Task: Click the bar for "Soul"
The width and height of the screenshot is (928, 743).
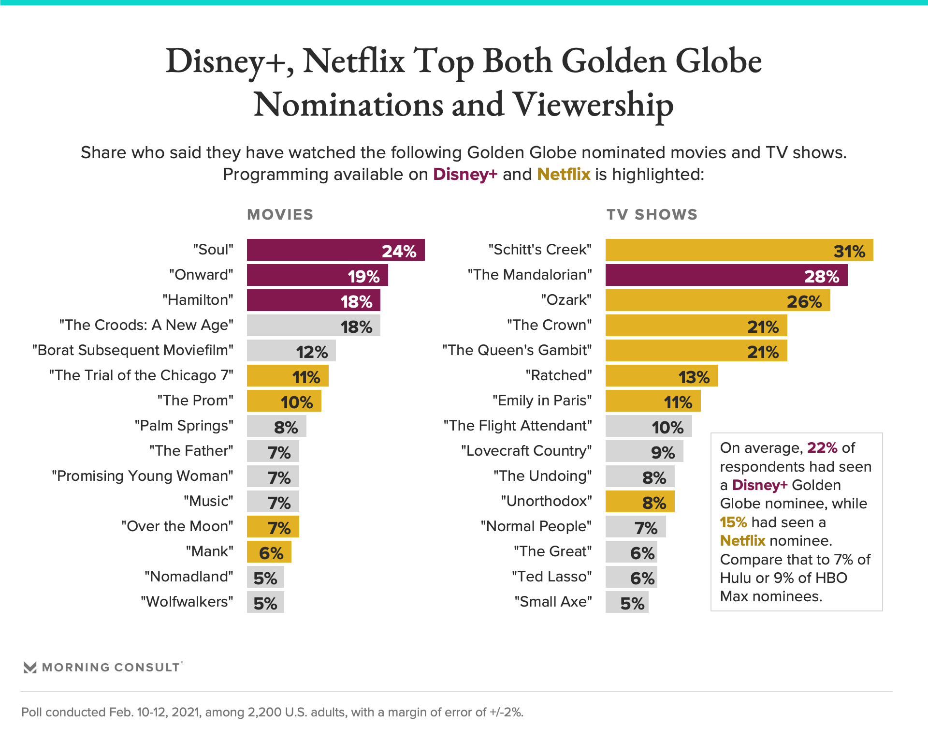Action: tap(335, 250)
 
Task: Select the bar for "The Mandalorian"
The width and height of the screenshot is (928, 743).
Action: tap(726, 275)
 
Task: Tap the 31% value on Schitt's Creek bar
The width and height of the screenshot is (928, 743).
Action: tap(849, 251)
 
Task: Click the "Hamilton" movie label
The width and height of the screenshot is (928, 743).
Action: tap(198, 300)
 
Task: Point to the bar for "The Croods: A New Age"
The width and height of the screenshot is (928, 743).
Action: tap(313, 326)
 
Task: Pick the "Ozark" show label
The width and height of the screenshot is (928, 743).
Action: tap(566, 300)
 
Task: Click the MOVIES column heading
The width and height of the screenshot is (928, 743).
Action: tap(280, 215)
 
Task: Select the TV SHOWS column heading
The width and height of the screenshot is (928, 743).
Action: tap(652, 215)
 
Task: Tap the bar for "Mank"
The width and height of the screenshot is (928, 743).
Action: tap(269, 552)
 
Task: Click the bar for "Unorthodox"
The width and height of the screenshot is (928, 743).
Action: tap(639, 502)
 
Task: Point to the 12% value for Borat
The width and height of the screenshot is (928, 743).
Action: tap(312, 352)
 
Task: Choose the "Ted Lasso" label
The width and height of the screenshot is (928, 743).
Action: tap(551, 577)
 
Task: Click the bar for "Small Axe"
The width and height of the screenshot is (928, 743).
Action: tap(626, 602)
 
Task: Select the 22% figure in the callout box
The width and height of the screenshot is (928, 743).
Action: tap(822, 448)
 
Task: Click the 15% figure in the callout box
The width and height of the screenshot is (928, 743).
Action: tap(733, 522)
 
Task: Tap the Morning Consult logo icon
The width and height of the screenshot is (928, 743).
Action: tap(30, 668)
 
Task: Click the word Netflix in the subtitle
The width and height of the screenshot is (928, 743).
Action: tap(564, 174)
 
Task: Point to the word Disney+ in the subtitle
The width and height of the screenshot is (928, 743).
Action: tap(465, 174)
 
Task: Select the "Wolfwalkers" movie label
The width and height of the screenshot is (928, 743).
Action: tap(187, 602)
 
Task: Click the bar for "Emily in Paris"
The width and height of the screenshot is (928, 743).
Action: tap(652, 401)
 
